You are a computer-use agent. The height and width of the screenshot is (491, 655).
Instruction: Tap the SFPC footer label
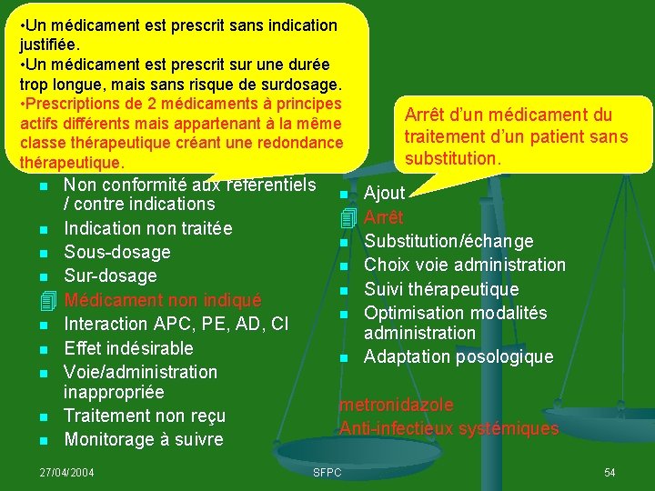click(x=327, y=473)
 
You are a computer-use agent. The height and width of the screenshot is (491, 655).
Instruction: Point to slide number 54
click(x=610, y=473)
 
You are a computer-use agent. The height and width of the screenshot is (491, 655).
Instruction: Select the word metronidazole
click(x=396, y=406)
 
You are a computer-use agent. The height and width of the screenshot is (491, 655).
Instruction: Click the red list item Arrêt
click(x=383, y=218)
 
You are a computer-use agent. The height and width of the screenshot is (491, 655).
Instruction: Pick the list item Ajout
click(x=384, y=194)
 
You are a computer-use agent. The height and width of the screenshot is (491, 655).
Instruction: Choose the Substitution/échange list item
click(x=448, y=241)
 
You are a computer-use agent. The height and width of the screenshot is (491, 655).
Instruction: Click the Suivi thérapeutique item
click(x=441, y=289)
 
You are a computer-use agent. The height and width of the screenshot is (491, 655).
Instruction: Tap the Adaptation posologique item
click(x=458, y=357)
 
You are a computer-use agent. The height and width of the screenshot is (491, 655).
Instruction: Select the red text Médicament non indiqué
click(x=163, y=300)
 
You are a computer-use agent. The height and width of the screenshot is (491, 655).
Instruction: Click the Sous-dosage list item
click(x=117, y=252)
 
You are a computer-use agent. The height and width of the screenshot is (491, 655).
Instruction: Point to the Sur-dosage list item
click(x=110, y=276)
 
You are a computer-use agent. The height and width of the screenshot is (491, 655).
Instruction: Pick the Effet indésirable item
click(x=128, y=348)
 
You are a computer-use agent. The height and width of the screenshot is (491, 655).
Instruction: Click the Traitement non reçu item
click(x=145, y=416)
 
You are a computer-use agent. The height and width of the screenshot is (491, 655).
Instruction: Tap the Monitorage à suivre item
click(x=143, y=439)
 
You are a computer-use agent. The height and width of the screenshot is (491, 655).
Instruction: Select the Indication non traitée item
click(x=147, y=228)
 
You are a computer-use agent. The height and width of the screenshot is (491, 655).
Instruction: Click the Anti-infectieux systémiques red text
click(x=449, y=428)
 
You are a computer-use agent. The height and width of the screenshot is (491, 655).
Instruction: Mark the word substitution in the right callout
click(x=451, y=159)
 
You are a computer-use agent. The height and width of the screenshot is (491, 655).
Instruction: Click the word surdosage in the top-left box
click(x=301, y=85)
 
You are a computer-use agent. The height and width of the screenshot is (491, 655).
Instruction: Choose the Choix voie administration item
click(x=465, y=265)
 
